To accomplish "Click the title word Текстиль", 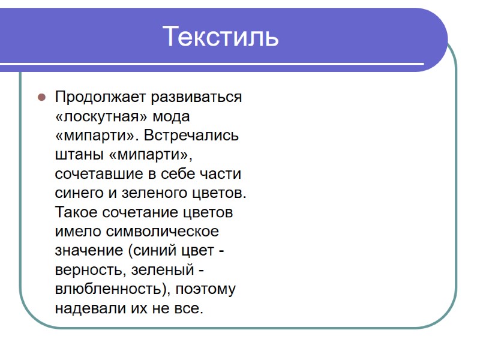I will (220, 37).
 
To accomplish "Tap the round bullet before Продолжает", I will (42, 97).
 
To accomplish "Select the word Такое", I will (77, 213).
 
